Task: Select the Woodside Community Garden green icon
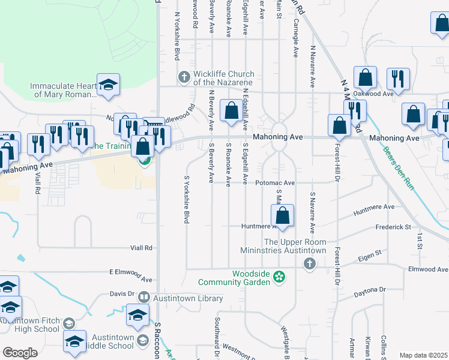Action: coord(279,277)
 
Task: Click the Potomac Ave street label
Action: coord(275,183)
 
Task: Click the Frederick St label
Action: coord(393,227)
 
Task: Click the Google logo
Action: coord(20,352)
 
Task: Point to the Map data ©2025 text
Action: coord(423,355)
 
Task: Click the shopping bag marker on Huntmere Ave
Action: coord(282,216)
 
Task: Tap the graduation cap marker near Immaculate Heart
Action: coord(108,85)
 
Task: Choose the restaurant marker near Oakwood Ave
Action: coord(398,79)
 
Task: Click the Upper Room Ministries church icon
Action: coord(309,263)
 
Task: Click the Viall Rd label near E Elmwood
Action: coord(141,248)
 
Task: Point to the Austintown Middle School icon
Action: coord(143,341)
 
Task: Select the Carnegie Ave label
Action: coord(295,38)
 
